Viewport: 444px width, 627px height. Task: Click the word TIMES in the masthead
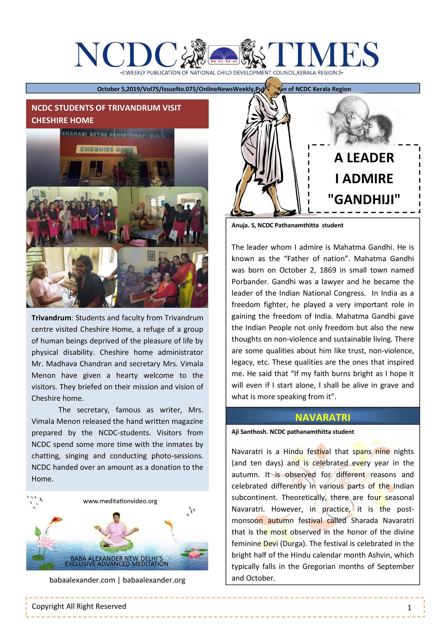coord(323,55)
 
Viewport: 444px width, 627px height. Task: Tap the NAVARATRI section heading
coord(322,417)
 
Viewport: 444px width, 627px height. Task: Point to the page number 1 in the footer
coord(409,608)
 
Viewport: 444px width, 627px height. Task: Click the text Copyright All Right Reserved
coord(79,606)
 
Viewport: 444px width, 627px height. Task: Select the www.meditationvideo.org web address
coord(120,501)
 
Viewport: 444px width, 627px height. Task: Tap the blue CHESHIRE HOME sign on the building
coord(107,149)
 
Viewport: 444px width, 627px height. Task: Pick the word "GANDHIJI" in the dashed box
coord(364,200)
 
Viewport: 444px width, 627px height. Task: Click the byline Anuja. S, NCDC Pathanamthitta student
coord(287,225)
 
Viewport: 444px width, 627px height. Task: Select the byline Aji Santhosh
coord(249,432)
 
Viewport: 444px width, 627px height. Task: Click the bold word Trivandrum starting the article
coord(51,318)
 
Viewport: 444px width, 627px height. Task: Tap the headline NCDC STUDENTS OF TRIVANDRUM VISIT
coord(106,108)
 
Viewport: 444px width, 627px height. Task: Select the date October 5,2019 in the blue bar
coord(118,89)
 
